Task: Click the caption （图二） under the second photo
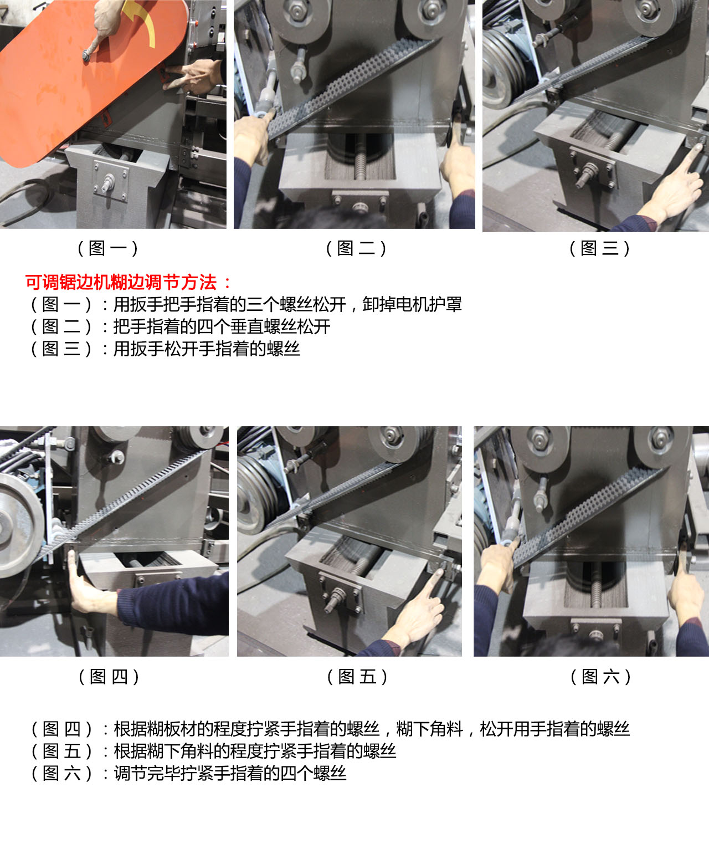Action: tap(356, 248)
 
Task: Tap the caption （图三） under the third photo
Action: tap(600, 248)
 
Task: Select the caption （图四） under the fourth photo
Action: tap(109, 676)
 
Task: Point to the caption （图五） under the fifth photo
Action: tap(357, 676)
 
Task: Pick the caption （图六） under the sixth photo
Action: tap(600, 676)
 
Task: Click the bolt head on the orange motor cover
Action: tap(87, 56)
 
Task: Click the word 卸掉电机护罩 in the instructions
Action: tap(412, 304)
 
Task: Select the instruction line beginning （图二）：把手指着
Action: tap(180, 326)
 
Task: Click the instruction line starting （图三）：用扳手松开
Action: tap(165, 349)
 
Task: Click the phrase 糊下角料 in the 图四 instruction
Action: tap(429, 729)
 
